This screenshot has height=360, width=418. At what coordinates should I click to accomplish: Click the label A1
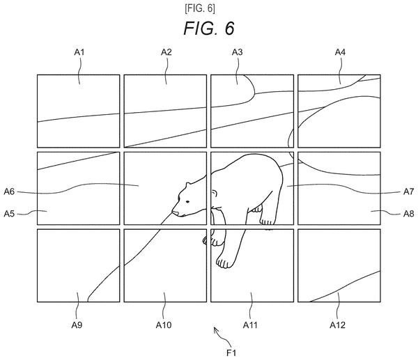[x=79, y=52]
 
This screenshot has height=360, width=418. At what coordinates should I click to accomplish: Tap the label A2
[x=166, y=52]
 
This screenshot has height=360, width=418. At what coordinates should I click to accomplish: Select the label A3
[x=238, y=52]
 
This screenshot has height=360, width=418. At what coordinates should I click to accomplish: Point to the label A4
[x=340, y=52]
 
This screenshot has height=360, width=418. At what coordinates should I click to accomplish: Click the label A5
[x=9, y=214]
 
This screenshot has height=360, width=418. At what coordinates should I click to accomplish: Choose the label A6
[x=9, y=191]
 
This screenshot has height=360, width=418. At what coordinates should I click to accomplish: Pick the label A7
[x=408, y=191]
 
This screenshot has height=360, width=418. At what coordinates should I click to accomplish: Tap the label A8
[x=408, y=214]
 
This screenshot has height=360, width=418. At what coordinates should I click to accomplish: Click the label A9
[x=77, y=324]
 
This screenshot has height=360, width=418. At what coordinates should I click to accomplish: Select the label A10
[x=164, y=324]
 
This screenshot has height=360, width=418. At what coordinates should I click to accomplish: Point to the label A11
[x=250, y=324]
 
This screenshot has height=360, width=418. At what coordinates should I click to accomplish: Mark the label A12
[x=337, y=324]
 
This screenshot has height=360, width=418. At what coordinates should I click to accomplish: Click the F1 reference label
[x=231, y=353]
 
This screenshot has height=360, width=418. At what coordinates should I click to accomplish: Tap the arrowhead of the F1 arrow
[x=215, y=329]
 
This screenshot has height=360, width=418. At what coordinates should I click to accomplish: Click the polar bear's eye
[x=187, y=202]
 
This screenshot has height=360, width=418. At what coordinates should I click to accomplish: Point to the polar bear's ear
[x=188, y=185]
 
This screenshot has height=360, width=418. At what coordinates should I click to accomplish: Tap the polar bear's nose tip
[x=173, y=212]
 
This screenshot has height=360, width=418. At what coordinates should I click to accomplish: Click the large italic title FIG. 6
[x=209, y=29]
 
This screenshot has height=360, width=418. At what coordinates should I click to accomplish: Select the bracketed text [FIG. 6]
[x=200, y=8]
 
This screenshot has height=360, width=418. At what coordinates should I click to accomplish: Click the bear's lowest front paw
[x=224, y=263]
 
